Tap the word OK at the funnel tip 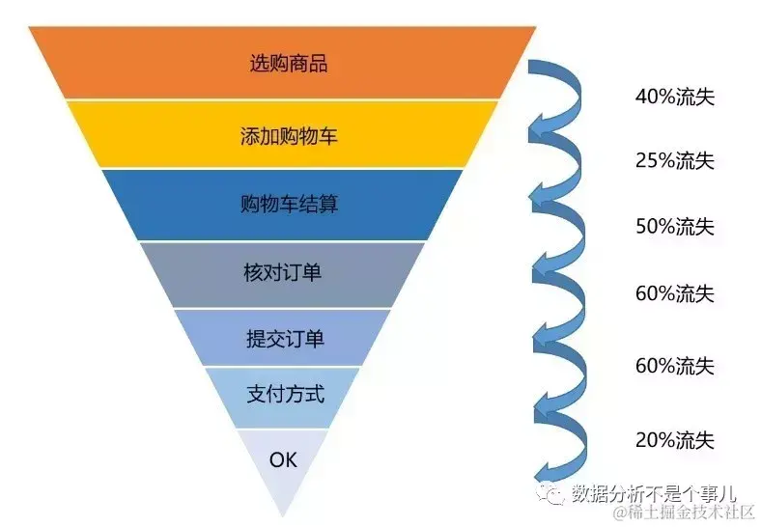[283, 458]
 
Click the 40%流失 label [674, 97]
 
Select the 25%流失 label [674, 161]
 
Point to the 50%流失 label [674, 227]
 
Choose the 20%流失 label [674, 440]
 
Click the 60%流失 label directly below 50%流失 [674, 293]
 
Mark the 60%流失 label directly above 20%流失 [674, 366]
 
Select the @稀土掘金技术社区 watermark [681, 513]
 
